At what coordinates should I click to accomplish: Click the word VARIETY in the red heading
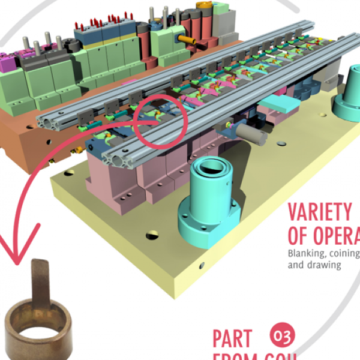pos(319,212)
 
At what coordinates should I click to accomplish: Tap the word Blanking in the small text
pos(307,252)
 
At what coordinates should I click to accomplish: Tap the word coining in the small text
pos(342,252)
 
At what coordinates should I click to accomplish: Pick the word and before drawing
pos(295,263)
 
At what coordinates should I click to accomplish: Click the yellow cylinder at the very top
pos(205,5)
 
